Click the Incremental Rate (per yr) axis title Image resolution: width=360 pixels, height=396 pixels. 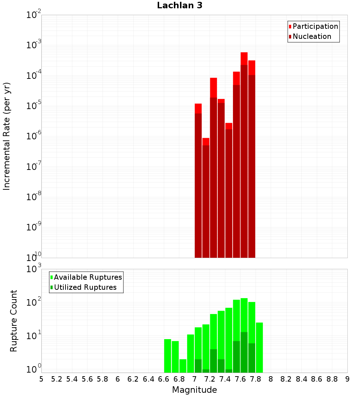coord(7,136)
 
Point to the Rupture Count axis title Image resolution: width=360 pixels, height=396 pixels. coord(14,321)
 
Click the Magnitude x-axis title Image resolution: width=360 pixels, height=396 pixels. coord(194,390)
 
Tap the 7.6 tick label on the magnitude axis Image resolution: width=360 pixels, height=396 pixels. coord(240,379)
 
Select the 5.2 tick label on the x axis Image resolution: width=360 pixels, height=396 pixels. coord(57,379)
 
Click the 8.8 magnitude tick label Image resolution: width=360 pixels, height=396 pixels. coord(332,379)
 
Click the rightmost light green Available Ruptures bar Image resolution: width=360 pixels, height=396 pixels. coord(259,347)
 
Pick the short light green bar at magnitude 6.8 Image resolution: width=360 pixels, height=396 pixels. coord(183,366)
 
